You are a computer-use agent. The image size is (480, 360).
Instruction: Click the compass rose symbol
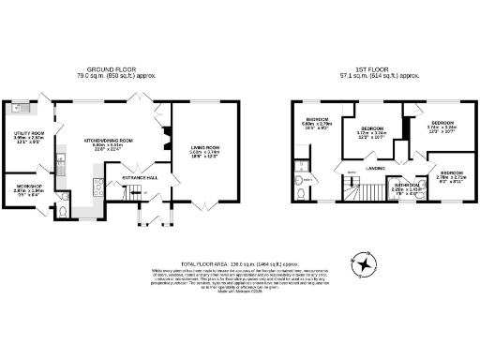click(x=362, y=265)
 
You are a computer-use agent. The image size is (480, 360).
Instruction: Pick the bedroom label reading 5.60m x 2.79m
click(x=316, y=123)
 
